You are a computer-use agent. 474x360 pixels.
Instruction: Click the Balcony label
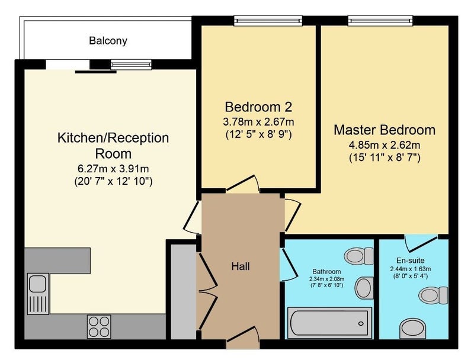click(x=108, y=41)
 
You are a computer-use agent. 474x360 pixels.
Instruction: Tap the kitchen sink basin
click(x=38, y=284)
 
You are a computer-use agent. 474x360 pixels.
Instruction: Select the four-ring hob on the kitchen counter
click(x=99, y=326)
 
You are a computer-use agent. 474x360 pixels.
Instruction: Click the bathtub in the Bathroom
click(x=329, y=323)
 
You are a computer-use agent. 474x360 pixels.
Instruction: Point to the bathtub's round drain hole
click(x=361, y=324)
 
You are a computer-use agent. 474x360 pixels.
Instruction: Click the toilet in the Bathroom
click(x=359, y=256)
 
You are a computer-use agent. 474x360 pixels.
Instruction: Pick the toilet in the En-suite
click(x=433, y=295)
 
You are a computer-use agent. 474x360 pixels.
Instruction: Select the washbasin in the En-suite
click(x=413, y=329)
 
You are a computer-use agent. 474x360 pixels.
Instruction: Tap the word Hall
click(x=241, y=266)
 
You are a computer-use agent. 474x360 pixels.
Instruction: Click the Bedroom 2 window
click(x=268, y=21)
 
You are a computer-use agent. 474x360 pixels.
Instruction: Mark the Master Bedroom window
click(x=380, y=21)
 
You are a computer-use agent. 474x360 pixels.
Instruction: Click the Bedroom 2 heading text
click(x=258, y=107)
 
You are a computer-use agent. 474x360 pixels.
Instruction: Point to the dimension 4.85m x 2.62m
click(x=385, y=145)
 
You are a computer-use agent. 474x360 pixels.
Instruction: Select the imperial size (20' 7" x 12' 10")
click(x=113, y=182)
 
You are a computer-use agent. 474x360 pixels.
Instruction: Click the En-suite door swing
click(x=421, y=243)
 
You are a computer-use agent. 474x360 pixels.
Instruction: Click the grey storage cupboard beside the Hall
click(x=184, y=292)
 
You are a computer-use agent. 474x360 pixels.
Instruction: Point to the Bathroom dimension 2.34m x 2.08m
click(x=326, y=279)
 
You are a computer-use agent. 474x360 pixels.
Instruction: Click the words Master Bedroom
click(x=385, y=130)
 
